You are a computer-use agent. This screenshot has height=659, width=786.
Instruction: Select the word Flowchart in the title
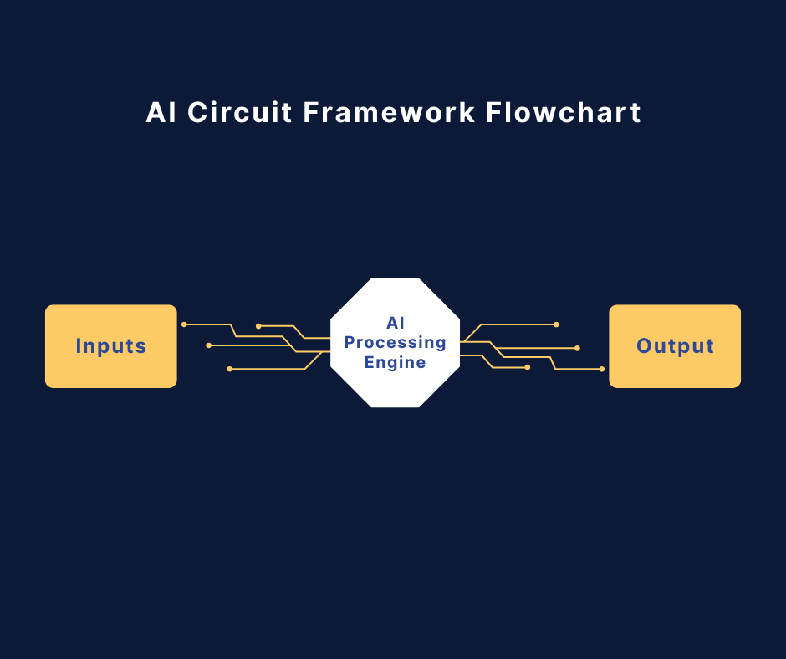click(x=564, y=112)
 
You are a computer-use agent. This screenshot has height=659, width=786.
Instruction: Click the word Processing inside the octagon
click(x=395, y=343)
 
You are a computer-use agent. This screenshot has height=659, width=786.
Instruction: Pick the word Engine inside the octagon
click(x=395, y=363)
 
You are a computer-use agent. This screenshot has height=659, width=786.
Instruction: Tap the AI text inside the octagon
click(x=395, y=323)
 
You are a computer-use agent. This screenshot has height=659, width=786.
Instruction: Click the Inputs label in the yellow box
click(x=111, y=346)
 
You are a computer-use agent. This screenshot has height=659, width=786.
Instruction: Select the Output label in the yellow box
click(x=675, y=346)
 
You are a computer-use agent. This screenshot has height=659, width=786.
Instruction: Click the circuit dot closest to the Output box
click(x=601, y=369)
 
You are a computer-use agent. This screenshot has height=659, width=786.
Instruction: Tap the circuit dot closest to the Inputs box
click(x=184, y=324)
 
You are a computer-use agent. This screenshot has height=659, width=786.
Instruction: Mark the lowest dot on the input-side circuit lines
click(x=229, y=369)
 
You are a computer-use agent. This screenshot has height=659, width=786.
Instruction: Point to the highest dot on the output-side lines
click(x=556, y=324)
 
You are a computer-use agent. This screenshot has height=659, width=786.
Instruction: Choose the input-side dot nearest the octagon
click(x=258, y=325)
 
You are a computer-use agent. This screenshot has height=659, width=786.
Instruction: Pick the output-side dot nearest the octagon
click(x=527, y=367)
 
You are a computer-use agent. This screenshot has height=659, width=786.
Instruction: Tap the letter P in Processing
click(x=350, y=343)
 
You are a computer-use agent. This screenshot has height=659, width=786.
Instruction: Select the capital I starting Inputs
click(x=79, y=346)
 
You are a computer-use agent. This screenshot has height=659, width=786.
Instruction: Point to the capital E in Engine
click(x=370, y=363)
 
